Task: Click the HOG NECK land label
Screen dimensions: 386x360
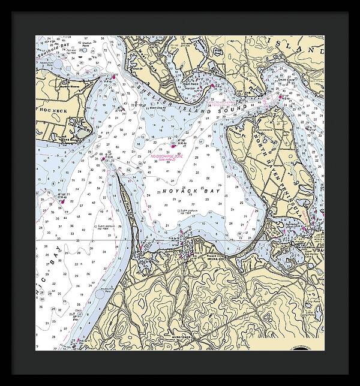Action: point(55,111)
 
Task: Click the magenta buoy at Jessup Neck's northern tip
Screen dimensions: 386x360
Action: point(103,158)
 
